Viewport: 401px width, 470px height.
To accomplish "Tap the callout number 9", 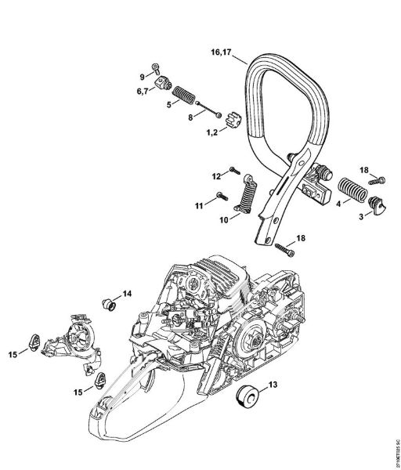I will pos(143,76).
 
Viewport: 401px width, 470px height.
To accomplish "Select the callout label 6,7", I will pos(144,92).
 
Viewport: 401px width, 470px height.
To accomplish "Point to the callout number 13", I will pos(273,385).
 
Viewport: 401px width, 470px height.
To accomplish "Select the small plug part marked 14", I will pos(108,302).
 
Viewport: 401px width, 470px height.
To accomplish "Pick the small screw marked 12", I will pos(233,170).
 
